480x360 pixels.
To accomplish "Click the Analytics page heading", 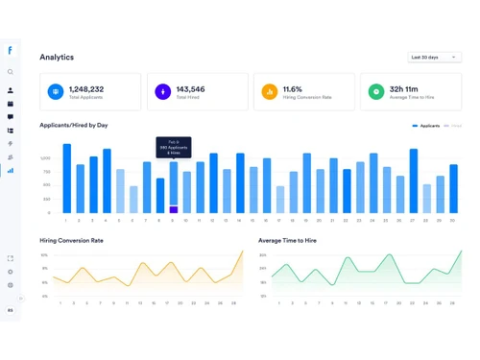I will click(x=57, y=58).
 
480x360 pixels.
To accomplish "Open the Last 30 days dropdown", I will click(x=434, y=58).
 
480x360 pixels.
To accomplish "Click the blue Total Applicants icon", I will click(x=56, y=92).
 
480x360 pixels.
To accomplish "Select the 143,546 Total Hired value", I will click(x=190, y=89).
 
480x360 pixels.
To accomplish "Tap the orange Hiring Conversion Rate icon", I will click(x=270, y=92).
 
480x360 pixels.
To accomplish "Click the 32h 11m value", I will click(x=402, y=89).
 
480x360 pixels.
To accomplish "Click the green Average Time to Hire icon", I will click(x=376, y=92).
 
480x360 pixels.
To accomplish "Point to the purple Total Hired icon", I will click(x=162, y=92).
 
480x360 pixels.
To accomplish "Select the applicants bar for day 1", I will click(x=67, y=179).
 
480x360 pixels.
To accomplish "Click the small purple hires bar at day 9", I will click(x=174, y=209).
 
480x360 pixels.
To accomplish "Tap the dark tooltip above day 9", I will click(x=174, y=147).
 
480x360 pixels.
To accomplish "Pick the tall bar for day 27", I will click(x=413, y=180).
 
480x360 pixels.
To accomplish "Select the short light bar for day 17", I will click(x=280, y=199).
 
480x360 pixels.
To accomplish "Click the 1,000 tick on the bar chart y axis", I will click(x=45, y=158).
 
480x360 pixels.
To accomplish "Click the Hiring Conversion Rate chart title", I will click(x=71, y=241).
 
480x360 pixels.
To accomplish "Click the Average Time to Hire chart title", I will click(x=287, y=241).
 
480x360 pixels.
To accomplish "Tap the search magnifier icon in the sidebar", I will click(x=11, y=72).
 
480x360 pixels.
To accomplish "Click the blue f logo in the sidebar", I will click(x=11, y=51).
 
